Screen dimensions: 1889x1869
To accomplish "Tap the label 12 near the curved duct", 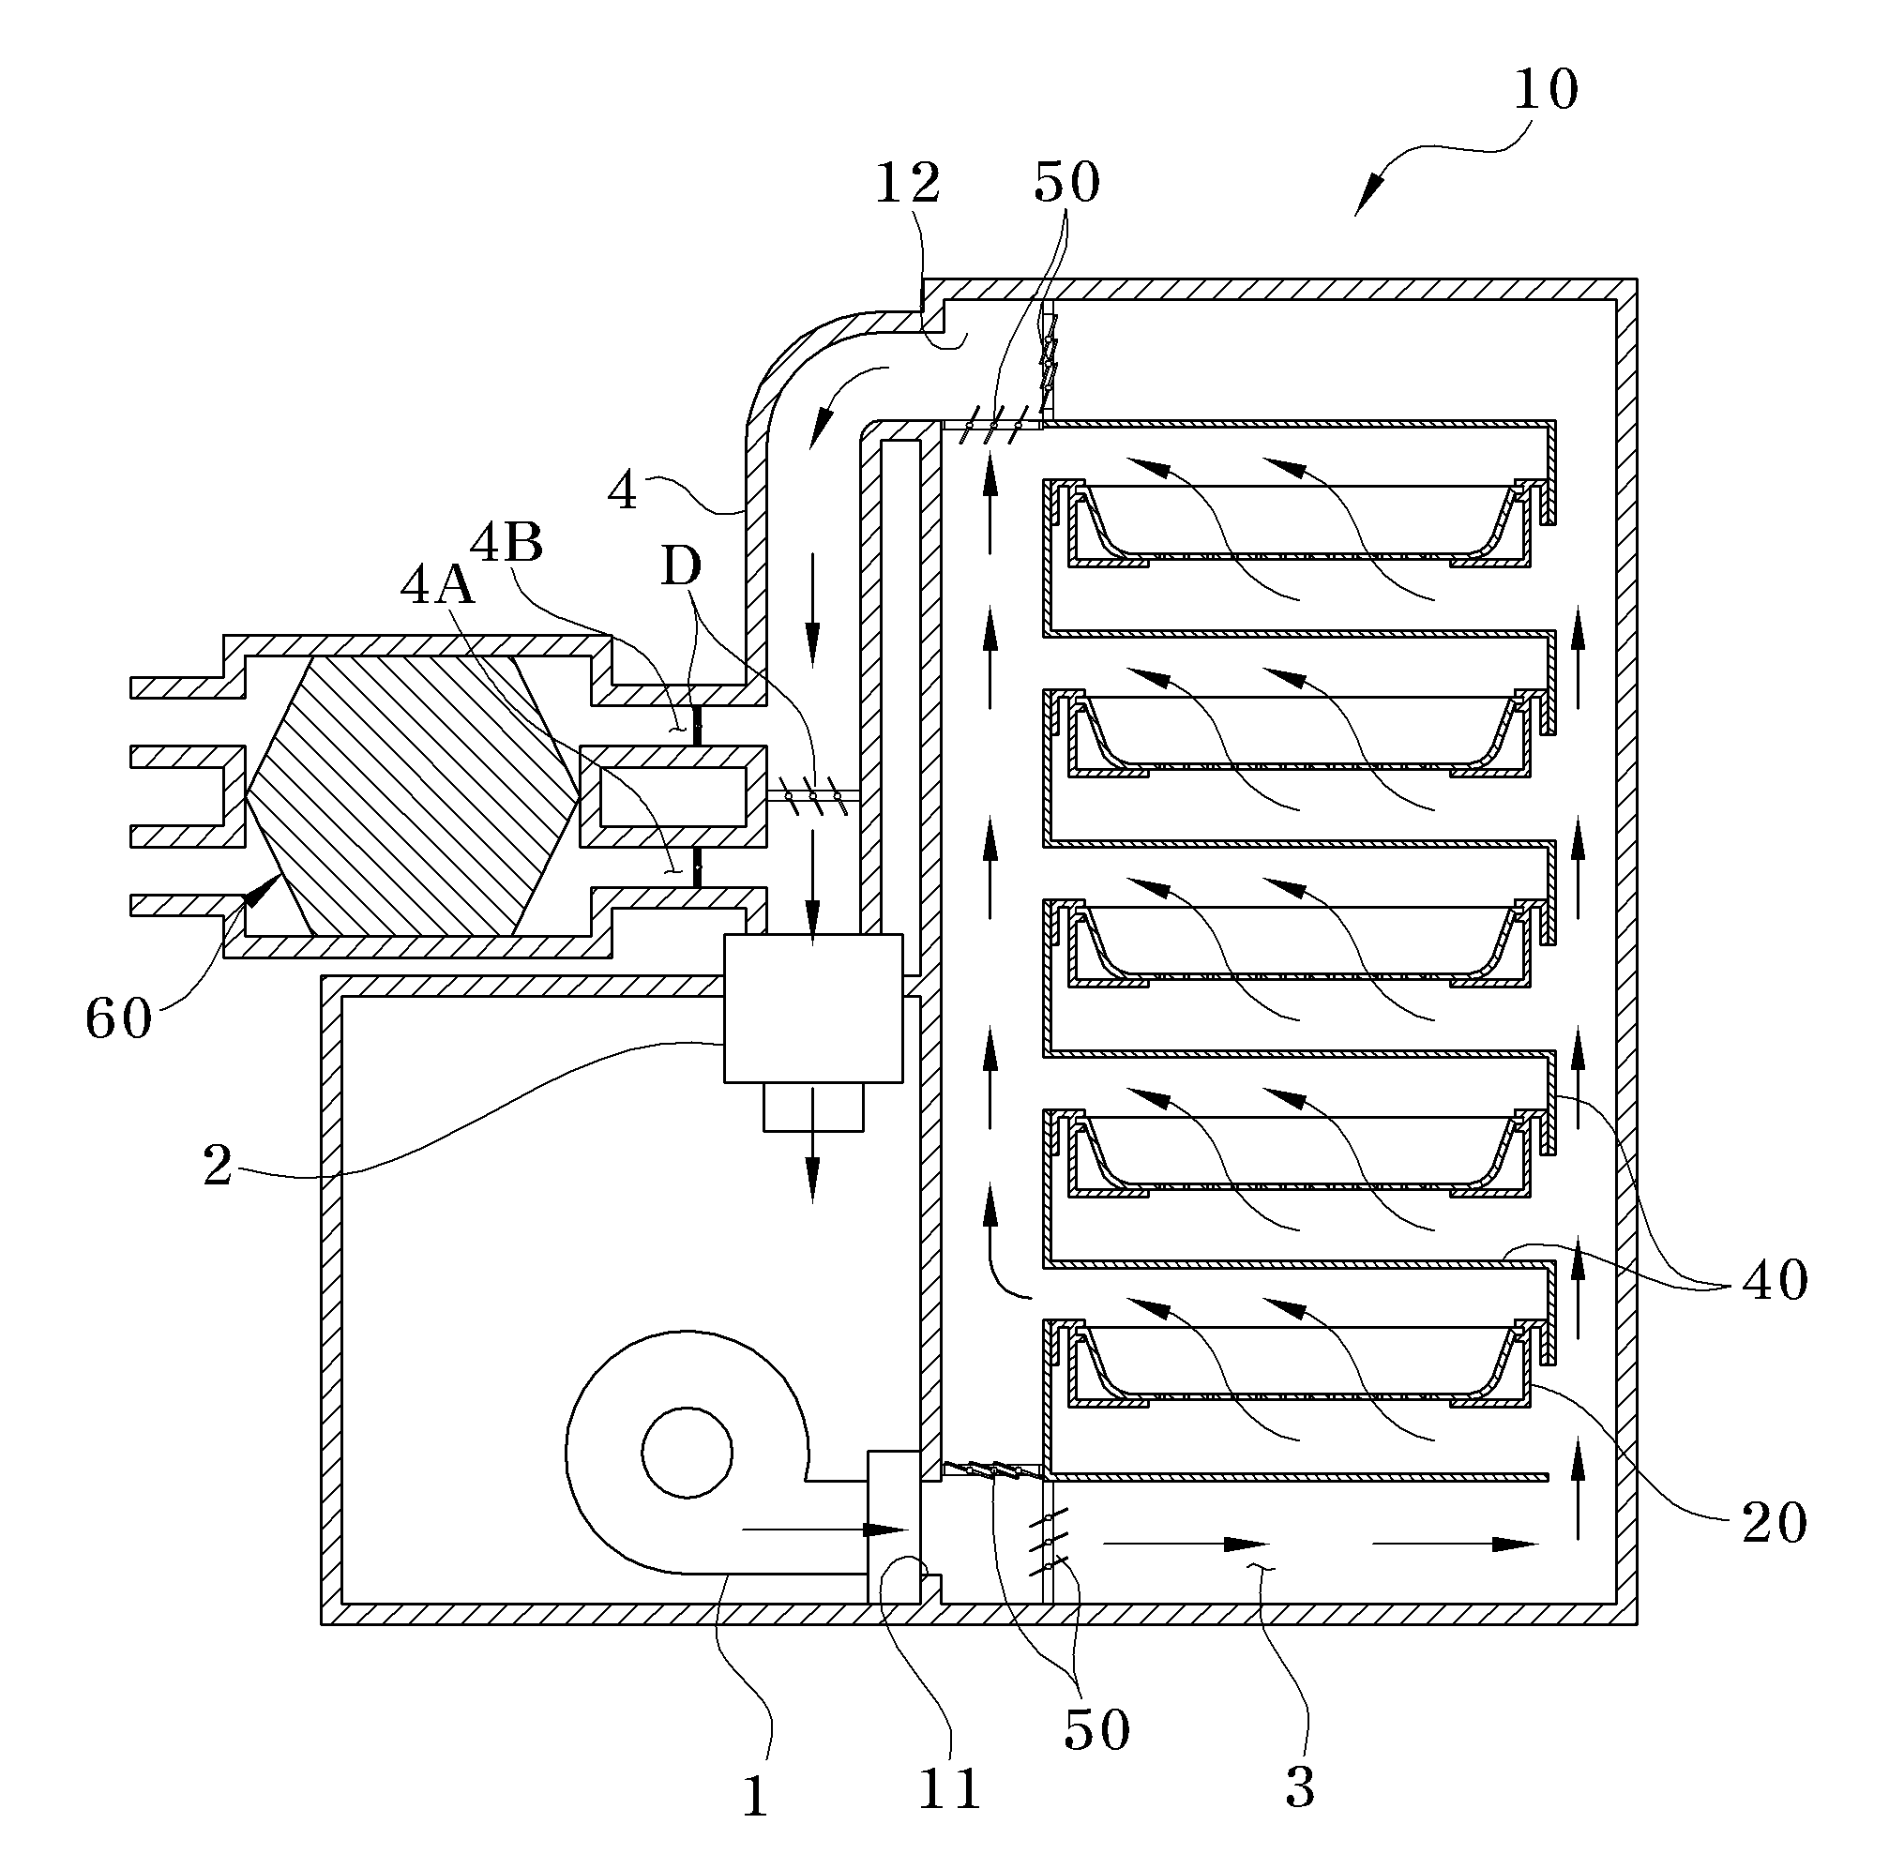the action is [x=907, y=183].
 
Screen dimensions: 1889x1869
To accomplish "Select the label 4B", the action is [x=506, y=543].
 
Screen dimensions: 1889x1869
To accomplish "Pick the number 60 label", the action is [x=118, y=1018].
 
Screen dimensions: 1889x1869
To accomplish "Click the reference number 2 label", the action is [x=217, y=1165].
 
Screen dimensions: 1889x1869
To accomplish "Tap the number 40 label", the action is [x=1775, y=1279].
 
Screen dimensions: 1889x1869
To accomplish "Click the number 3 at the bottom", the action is [x=1299, y=1786].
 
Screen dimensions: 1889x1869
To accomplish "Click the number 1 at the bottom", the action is [x=754, y=1797].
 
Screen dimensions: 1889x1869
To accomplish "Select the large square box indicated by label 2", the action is [x=812, y=1008].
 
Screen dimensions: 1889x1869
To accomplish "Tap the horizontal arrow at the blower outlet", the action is [x=825, y=1530].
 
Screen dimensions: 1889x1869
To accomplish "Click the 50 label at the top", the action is [x=1066, y=182].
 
